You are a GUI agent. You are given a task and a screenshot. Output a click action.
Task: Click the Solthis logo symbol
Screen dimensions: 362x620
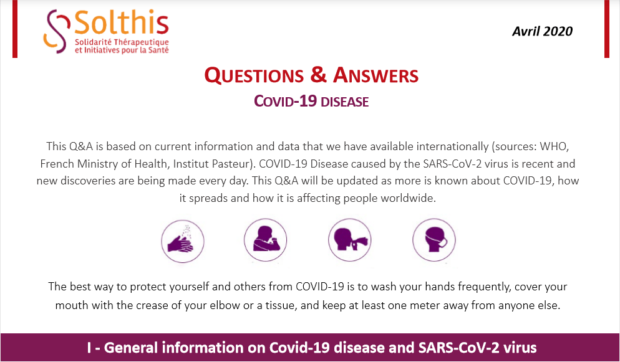pyautogui.click(x=58, y=32)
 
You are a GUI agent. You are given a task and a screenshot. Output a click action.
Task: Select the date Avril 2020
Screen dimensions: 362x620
pyautogui.click(x=542, y=31)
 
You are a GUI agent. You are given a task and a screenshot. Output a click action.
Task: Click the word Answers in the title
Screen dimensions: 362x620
pyautogui.click(x=375, y=76)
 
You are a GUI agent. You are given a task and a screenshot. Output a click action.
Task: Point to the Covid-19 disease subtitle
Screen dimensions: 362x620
pyautogui.click(x=311, y=100)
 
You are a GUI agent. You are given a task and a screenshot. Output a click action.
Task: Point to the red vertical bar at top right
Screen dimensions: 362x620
pyautogui.click(x=606, y=29)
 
